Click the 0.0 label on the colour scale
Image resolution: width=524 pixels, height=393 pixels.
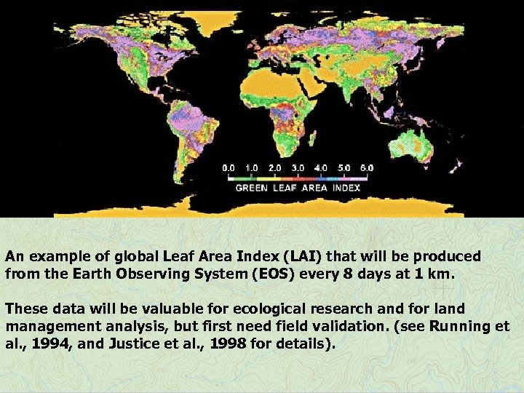(x=229, y=167)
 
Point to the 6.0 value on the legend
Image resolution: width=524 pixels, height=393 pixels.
(x=366, y=167)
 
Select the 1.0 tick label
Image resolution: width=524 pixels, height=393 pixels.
(x=251, y=167)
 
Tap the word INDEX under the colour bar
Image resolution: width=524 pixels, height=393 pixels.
(x=346, y=188)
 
